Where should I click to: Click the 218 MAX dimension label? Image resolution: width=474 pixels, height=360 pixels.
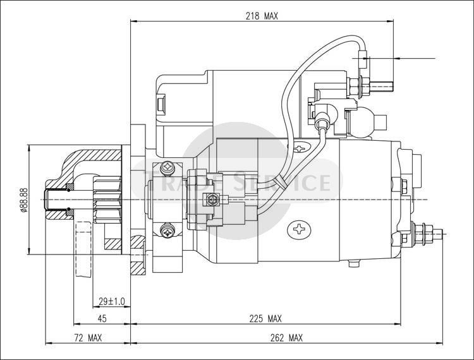(x=262, y=16)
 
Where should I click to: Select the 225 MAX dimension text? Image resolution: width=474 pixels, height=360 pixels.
(x=265, y=318)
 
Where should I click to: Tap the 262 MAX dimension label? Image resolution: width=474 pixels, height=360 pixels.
(x=286, y=338)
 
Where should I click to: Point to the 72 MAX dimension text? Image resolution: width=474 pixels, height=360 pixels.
(x=88, y=338)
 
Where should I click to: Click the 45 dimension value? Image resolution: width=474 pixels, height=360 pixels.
(x=102, y=318)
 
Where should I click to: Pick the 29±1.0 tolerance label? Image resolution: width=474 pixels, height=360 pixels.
(x=111, y=301)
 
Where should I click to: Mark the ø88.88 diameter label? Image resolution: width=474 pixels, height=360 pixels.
(x=24, y=200)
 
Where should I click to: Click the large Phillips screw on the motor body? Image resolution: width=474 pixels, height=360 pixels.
(x=300, y=229)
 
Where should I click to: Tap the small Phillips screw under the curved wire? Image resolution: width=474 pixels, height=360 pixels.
(x=300, y=148)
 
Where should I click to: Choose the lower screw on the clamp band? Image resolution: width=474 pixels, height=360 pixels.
(x=167, y=232)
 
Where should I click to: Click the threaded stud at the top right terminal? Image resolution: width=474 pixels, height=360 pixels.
(x=381, y=87)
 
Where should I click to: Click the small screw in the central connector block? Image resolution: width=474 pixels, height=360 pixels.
(x=211, y=199)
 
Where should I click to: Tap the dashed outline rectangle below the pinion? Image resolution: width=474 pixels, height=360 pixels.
(x=83, y=249)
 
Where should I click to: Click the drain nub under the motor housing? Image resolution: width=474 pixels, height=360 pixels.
(x=354, y=263)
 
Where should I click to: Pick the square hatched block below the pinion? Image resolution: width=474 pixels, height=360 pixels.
(x=113, y=244)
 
